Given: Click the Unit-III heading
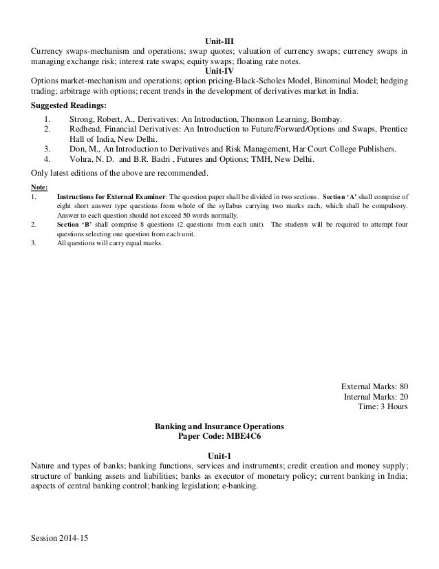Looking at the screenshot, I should (219, 41).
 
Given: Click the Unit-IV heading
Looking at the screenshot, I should (219, 70).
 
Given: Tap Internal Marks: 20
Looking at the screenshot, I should (376, 396).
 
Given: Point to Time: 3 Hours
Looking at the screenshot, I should (382, 406).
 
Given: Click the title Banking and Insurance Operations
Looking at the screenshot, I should (220, 427).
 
